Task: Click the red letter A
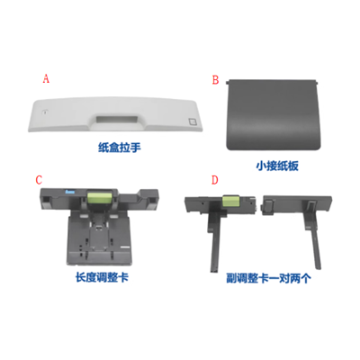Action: (x=46, y=79)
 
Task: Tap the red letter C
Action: (x=38, y=181)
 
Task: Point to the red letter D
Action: (x=213, y=179)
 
